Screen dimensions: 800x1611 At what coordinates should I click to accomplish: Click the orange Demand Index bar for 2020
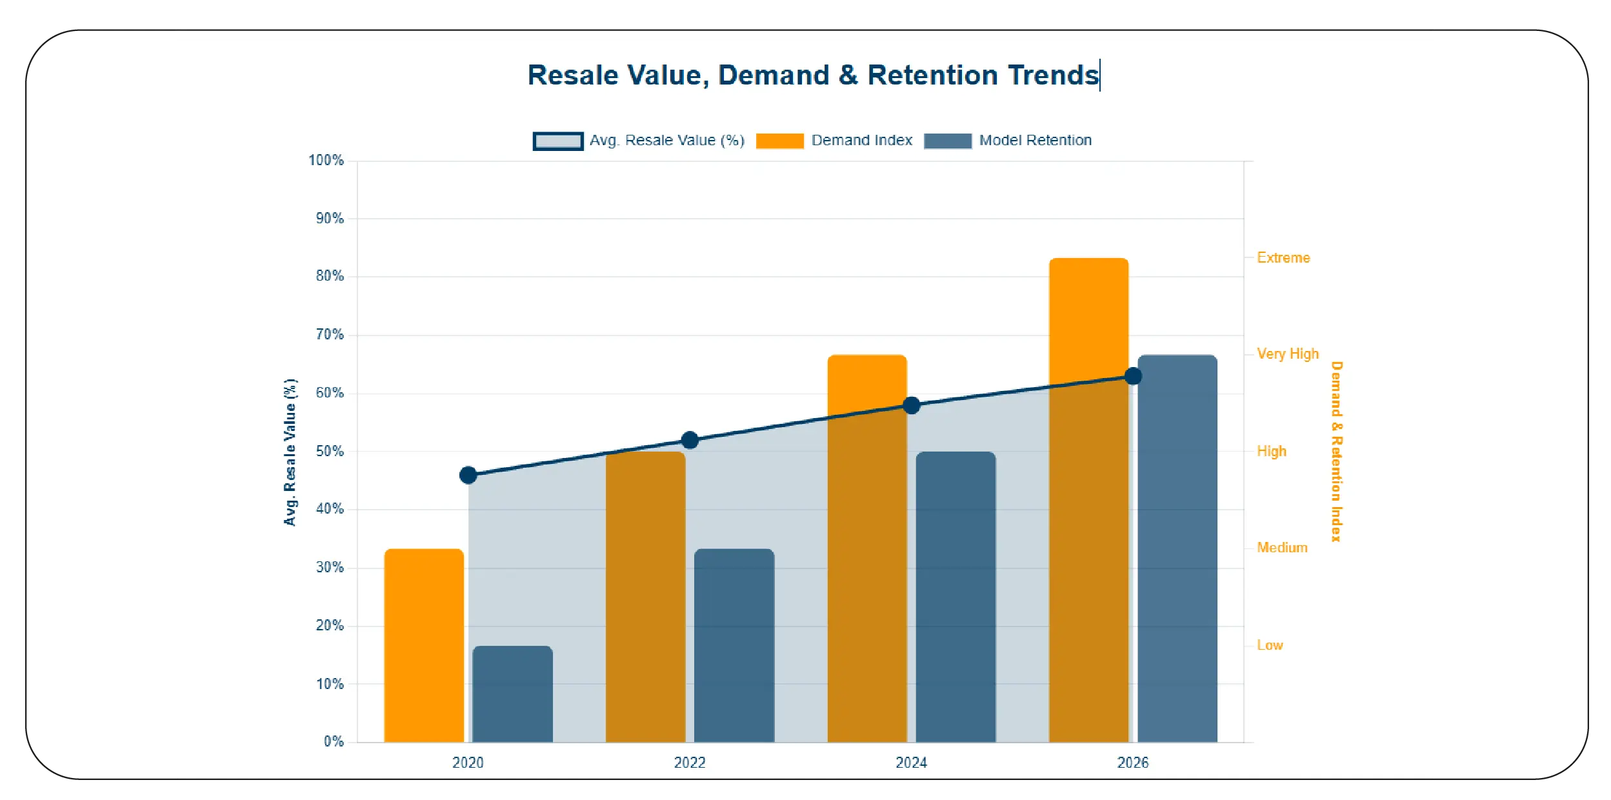coord(424,645)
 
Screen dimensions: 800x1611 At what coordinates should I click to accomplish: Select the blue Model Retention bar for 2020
coord(512,694)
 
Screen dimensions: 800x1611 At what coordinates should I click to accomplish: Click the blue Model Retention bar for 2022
coord(734,645)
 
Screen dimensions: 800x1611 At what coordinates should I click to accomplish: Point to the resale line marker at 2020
coord(468,475)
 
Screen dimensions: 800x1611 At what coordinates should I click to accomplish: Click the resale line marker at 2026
coord(1133,376)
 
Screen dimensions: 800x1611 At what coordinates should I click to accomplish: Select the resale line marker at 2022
coord(690,440)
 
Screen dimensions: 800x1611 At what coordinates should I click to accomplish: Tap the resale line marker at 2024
coord(911,405)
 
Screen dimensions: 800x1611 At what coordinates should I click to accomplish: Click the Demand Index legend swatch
coord(779,141)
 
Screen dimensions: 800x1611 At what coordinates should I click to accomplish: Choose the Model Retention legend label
coord(1035,141)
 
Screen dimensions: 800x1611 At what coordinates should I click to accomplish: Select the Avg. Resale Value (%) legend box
coord(558,141)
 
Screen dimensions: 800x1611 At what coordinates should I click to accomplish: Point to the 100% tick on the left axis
coord(326,160)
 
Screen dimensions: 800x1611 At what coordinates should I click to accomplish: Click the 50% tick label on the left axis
coord(329,451)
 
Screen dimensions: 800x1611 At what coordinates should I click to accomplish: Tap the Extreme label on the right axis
coord(1283,257)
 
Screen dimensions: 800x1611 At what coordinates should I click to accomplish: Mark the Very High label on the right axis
coord(1287,354)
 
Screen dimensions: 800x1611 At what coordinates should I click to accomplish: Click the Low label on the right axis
coord(1269,645)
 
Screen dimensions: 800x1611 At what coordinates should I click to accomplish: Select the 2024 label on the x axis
coord(911,763)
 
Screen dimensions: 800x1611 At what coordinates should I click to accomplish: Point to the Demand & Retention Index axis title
coord(1336,451)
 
